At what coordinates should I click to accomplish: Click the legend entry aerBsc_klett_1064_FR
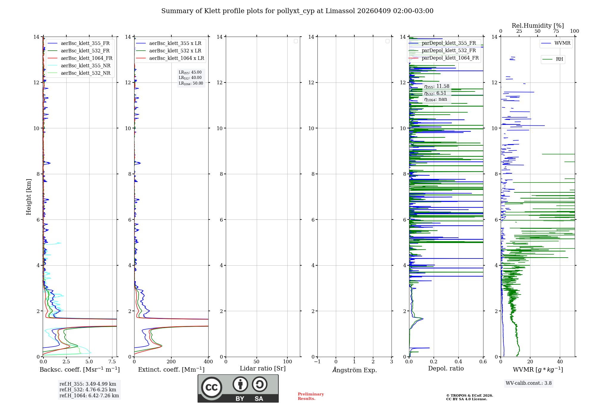[x=86, y=58]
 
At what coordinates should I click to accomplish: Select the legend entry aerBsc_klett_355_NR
[x=85, y=66]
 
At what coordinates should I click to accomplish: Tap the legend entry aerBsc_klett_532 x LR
[x=175, y=51]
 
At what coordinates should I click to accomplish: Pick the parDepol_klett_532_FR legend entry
[x=449, y=51]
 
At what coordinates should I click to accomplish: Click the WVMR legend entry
[x=562, y=43]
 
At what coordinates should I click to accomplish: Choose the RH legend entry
[x=559, y=59]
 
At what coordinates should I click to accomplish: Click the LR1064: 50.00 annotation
[x=191, y=83]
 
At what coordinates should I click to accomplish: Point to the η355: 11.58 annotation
[x=436, y=86]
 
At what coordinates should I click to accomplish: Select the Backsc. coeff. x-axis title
[x=79, y=370]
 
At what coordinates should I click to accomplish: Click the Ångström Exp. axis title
[x=354, y=370]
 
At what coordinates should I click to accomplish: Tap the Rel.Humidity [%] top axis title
[x=538, y=26]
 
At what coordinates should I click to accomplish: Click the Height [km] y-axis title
[x=29, y=197]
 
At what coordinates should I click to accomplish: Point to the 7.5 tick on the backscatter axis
[x=112, y=362]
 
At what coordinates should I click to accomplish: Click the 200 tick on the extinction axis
[x=171, y=362]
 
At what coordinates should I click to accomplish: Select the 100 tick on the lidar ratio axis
[x=287, y=362]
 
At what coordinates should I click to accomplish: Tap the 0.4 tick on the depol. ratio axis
[x=458, y=362]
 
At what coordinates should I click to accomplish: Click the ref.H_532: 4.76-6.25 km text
[x=88, y=390]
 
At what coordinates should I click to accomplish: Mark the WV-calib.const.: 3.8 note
[x=528, y=383]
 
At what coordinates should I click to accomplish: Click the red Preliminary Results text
[x=311, y=396]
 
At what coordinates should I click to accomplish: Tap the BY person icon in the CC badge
[x=240, y=384]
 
